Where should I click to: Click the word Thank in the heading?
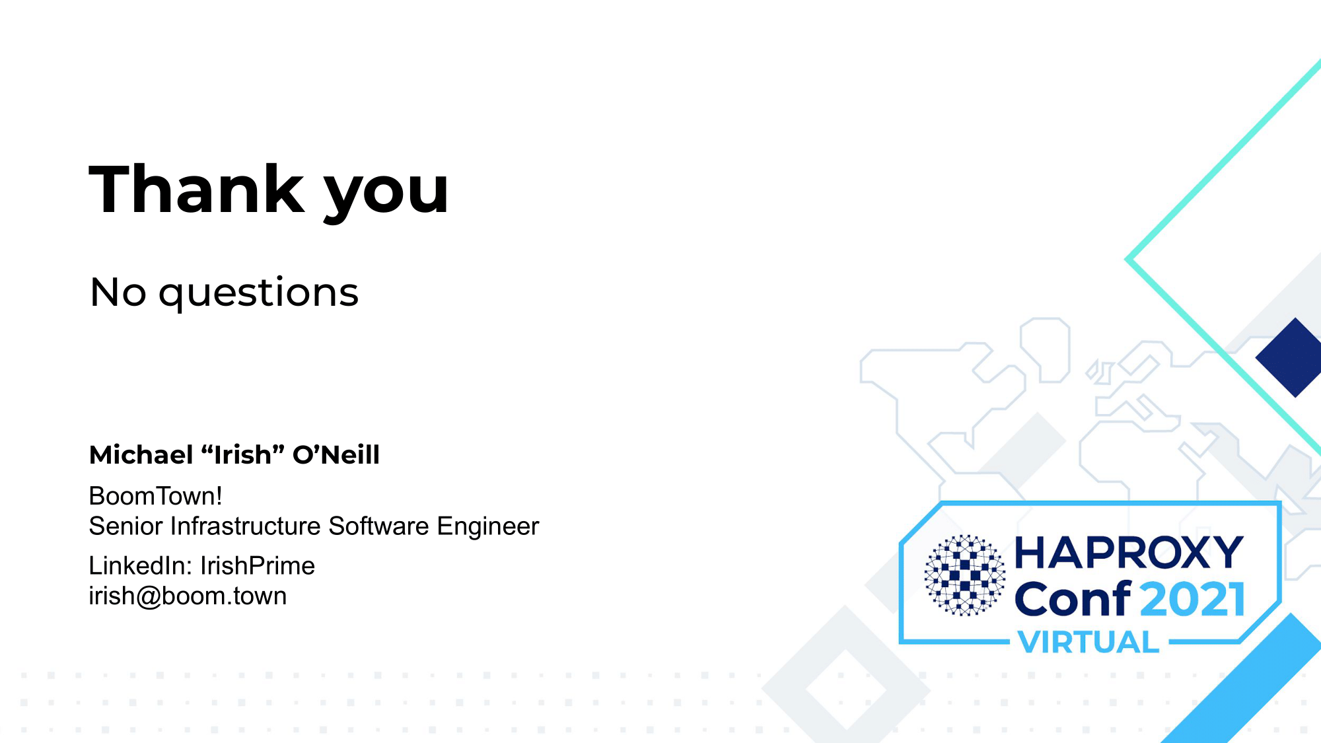(197, 190)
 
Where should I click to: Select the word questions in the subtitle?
(258, 294)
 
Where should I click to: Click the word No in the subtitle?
(118, 292)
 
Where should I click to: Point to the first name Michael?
(141, 454)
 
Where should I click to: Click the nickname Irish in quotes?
(242, 454)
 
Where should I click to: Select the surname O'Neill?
(336, 454)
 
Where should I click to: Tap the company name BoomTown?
(155, 496)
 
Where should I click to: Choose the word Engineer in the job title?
(488, 526)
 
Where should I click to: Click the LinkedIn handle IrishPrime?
(258, 566)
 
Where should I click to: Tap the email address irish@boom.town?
(188, 596)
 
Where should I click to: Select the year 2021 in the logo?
(1193, 600)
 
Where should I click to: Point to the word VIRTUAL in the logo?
(1089, 642)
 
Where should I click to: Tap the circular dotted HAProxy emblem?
(965, 575)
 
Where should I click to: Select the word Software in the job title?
(379, 526)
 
